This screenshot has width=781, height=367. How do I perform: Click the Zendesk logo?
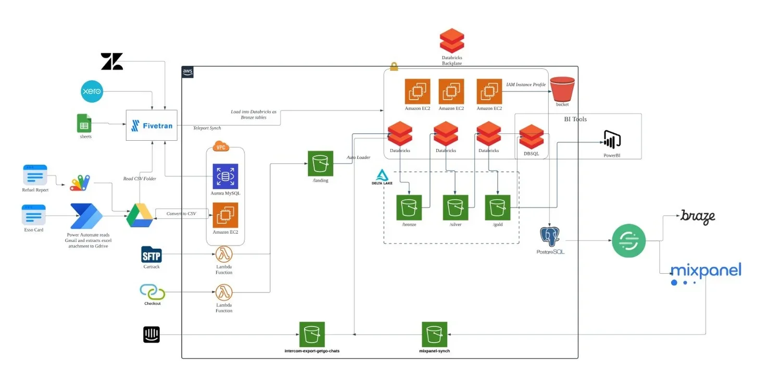(112, 62)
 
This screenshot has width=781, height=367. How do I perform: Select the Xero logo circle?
(92, 92)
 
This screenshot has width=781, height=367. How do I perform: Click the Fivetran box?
(152, 125)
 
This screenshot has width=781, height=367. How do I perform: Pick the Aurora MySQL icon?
(225, 177)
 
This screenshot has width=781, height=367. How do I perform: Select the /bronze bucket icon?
(409, 207)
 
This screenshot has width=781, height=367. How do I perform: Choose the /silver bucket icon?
(456, 207)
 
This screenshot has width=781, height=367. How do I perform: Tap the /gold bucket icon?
(498, 207)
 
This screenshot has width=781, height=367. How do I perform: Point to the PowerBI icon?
(612, 140)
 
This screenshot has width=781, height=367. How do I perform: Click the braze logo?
(698, 217)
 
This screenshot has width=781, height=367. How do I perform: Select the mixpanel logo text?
(706, 271)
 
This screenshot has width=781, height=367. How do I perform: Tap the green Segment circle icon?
(628, 241)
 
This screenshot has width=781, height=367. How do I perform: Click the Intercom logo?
(152, 335)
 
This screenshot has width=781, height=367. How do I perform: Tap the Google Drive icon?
(140, 215)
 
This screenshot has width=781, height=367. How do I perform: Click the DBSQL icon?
(532, 137)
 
